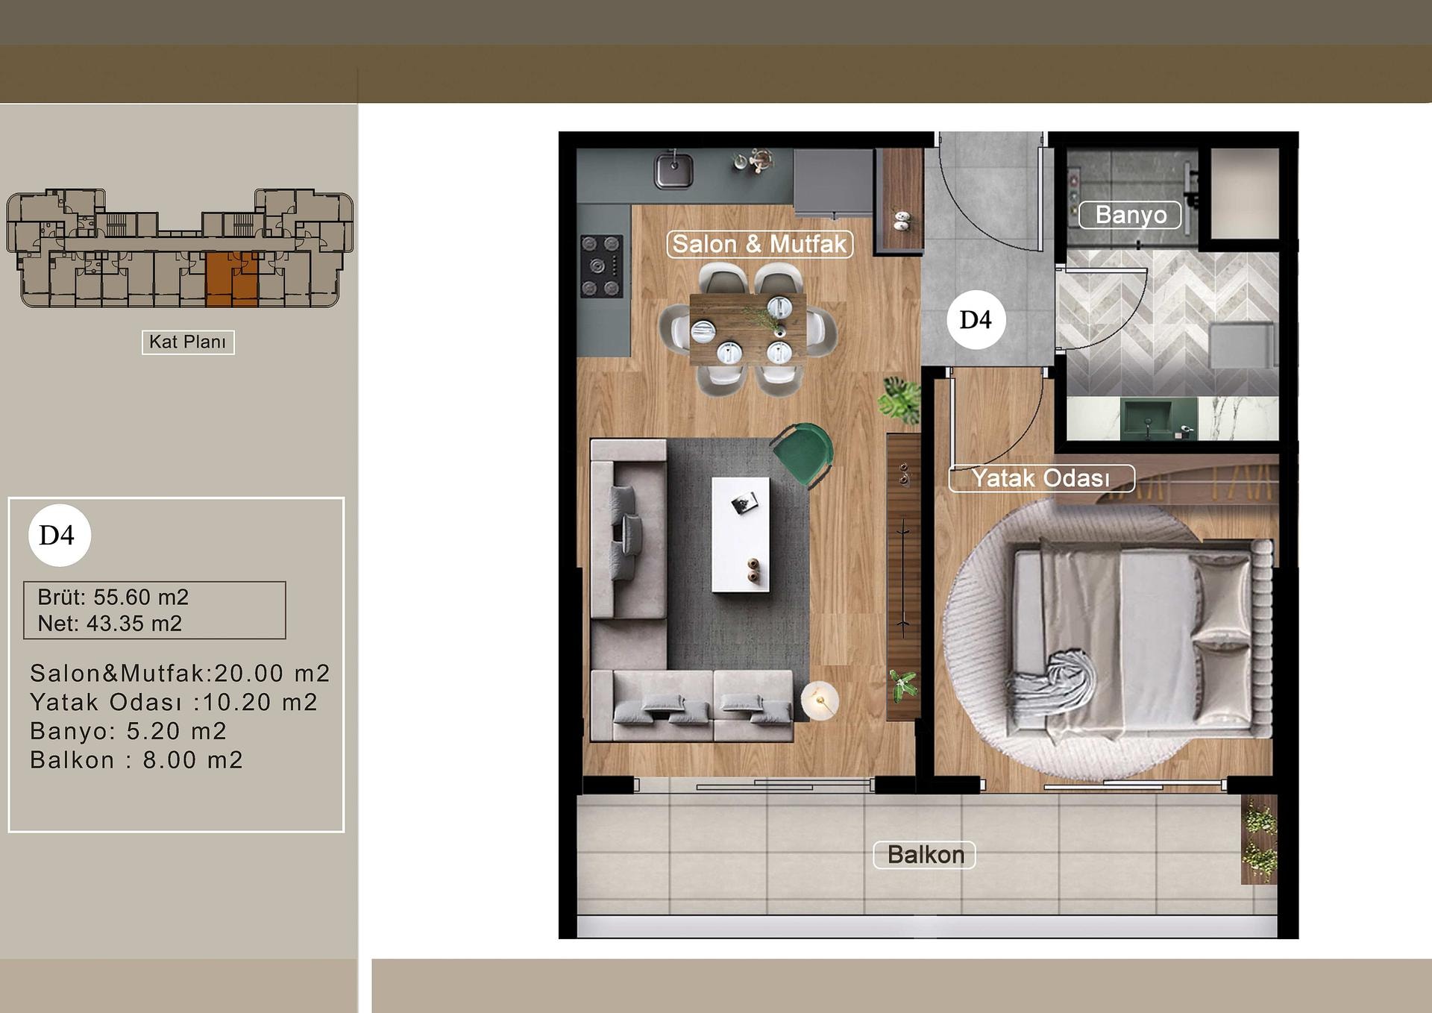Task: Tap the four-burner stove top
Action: click(601, 266)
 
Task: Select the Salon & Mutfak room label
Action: click(759, 244)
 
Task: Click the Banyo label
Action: click(1131, 215)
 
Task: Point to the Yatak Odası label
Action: click(1041, 478)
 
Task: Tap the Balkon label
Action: click(925, 855)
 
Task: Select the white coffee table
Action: click(741, 535)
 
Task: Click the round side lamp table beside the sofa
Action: click(820, 700)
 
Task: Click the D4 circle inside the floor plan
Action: click(976, 320)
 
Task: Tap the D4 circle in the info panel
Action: click(59, 535)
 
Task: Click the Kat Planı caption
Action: click(188, 342)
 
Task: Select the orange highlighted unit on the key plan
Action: click(232, 280)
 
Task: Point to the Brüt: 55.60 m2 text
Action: click(113, 598)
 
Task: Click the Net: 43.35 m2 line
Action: click(110, 624)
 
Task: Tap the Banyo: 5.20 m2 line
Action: click(128, 731)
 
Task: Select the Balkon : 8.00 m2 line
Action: click(136, 760)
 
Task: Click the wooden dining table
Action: click(747, 329)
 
